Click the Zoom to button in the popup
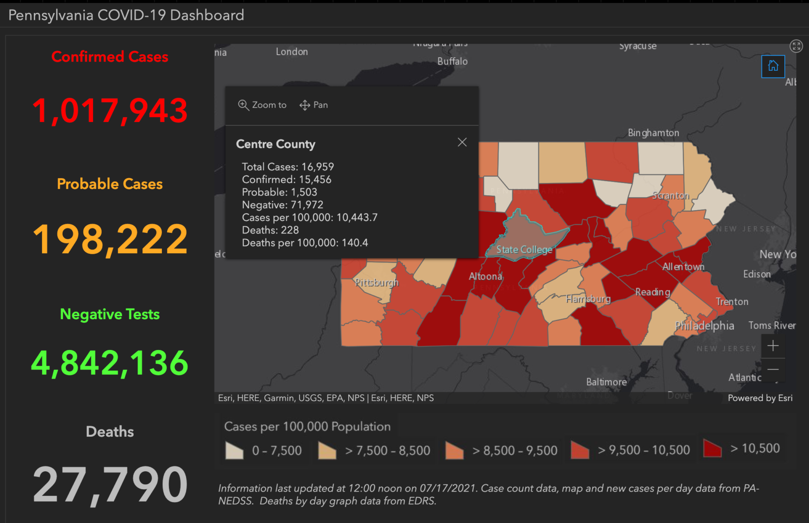tap(262, 105)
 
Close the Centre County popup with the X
tap(462, 142)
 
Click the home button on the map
tap(773, 66)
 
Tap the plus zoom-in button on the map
tap(773, 346)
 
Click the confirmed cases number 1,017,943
tap(110, 110)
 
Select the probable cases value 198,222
tap(110, 239)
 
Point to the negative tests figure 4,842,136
tap(110, 363)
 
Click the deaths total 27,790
tap(110, 484)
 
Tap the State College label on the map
tap(524, 249)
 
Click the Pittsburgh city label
tap(376, 282)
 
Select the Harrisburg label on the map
tap(588, 299)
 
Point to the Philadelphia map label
tap(705, 325)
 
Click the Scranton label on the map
tap(670, 196)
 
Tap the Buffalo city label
tap(452, 62)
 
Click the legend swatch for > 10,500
tap(712, 448)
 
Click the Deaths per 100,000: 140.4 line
tap(305, 243)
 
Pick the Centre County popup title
tap(276, 144)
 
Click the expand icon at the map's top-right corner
tap(796, 46)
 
